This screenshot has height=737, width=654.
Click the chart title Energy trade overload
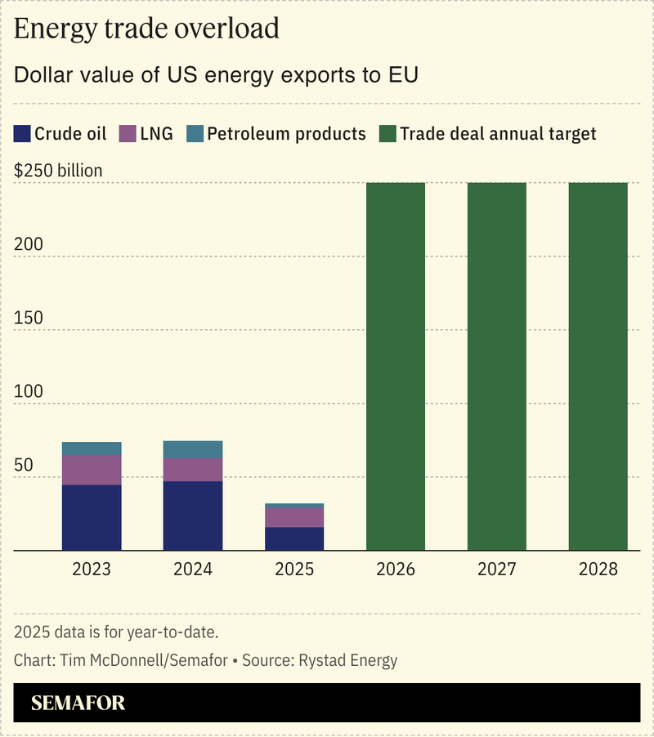[x=147, y=29]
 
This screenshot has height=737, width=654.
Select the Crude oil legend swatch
[x=22, y=134]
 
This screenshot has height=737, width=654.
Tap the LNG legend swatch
[x=127, y=134]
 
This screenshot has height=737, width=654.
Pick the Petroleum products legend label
[x=286, y=134]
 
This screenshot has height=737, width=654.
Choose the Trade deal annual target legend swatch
[x=387, y=134]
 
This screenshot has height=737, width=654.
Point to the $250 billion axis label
[x=59, y=171]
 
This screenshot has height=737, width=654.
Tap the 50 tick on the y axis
[x=24, y=465]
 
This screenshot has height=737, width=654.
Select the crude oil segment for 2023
[x=92, y=517]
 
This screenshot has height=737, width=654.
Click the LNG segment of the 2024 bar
[x=193, y=470]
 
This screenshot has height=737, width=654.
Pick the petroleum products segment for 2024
[x=193, y=449]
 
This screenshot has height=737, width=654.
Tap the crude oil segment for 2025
[x=294, y=538]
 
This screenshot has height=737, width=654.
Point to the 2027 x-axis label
[x=497, y=569]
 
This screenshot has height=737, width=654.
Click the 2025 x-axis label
[x=294, y=569]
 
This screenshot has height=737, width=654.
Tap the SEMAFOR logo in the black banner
[x=78, y=703]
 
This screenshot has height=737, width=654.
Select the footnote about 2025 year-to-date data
[x=116, y=632]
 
